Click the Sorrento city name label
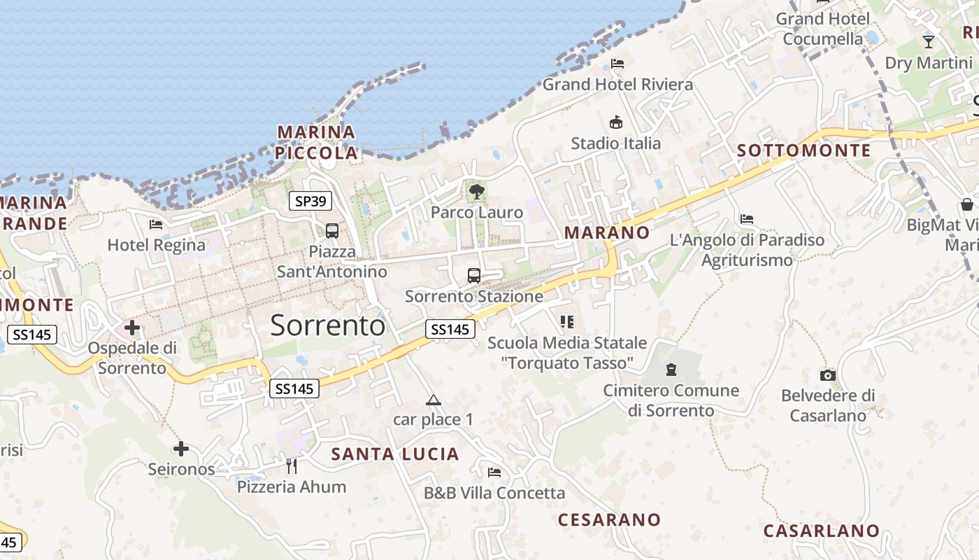tap(327, 325)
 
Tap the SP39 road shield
tap(310, 202)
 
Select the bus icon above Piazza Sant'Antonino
tap(332, 230)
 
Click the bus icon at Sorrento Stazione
tap(474, 275)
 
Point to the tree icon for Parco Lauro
tap(477, 191)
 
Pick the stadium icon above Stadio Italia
tap(616, 122)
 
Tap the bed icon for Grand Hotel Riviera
tap(617, 64)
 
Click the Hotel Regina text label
tap(157, 245)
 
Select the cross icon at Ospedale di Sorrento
tap(132, 327)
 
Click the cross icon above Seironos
tap(181, 448)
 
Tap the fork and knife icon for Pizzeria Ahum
tap(292, 465)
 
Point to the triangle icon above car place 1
tap(434, 400)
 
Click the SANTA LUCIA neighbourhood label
tap(395, 454)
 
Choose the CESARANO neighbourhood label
tap(609, 519)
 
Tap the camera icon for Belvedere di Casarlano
tap(828, 375)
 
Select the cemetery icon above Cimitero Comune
tap(671, 370)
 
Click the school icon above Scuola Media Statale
tap(567, 322)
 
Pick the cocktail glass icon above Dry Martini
tap(929, 42)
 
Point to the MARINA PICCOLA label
tap(316, 142)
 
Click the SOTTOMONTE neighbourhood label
tap(804, 150)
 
